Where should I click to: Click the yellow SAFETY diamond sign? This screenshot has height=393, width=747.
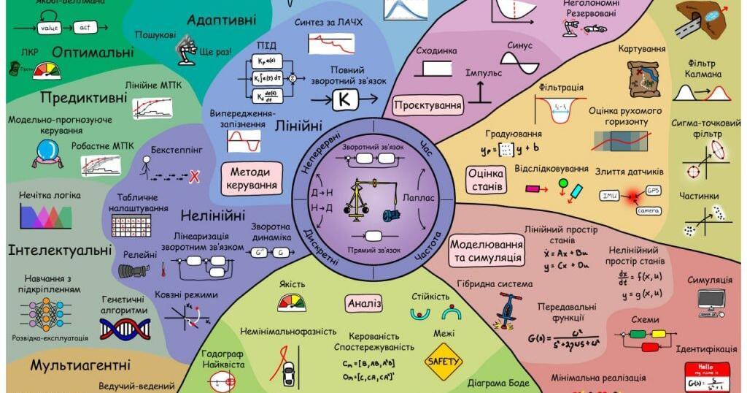coord(444,361)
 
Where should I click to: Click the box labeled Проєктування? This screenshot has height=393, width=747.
coord(428,106)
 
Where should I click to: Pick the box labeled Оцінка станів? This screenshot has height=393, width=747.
coord(487,180)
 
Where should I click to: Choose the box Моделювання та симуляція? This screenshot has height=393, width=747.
coord(487,251)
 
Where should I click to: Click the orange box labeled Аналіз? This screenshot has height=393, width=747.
coord(364,303)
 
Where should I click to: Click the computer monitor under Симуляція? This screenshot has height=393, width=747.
coord(710,300)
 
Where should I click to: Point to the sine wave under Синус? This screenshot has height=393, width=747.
coord(520,68)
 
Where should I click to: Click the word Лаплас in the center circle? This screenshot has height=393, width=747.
coord(419,197)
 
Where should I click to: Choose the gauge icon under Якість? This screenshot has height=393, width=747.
coord(292,302)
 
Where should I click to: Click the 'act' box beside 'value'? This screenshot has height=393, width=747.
coord(84,27)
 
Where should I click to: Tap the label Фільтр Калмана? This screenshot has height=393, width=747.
coord(703,68)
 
